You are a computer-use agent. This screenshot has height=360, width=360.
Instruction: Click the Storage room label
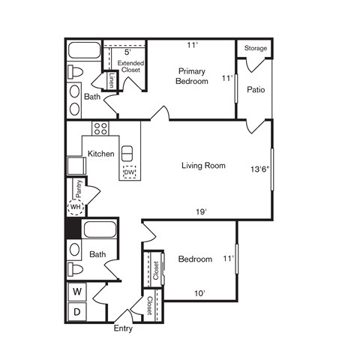pyautogui.click(x=256, y=48)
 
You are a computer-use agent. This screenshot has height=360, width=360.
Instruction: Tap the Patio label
pyautogui.click(x=256, y=91)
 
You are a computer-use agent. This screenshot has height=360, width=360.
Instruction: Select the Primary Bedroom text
pyautogui.click(x=192, y=76)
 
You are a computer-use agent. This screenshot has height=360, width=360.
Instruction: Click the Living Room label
pyautogui.click(x=203, y=166)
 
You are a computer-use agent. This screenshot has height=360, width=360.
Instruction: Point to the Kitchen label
pyautogui.click(x=101, y=154)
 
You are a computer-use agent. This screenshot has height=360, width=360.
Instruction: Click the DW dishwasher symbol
pyautogui.click(x=129, y=172)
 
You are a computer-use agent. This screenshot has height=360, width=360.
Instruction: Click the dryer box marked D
pyautogui.click(x=76, y=311)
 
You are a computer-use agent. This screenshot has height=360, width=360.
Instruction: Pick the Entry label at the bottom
pyautogui.click(x=123, y=328)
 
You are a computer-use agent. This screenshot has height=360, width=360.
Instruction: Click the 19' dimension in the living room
pyautogui.click(x=202, y=212)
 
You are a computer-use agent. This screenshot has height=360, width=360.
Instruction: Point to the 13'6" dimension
pyautogui.click(x=259, y=169)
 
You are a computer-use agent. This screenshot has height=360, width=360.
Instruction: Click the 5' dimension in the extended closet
pyautogui.click(x=127, y=52)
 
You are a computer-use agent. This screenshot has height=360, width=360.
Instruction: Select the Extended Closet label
pyautogui.click(x=127, y=65)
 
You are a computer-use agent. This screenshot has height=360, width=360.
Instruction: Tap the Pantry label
pyautogui.click(x=78, y=187)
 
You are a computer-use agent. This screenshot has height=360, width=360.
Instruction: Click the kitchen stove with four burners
pyautogui.click(x=100, y=128)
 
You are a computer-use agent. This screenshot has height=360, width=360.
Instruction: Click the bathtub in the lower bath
pyautogui.click(x=99, y=229)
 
